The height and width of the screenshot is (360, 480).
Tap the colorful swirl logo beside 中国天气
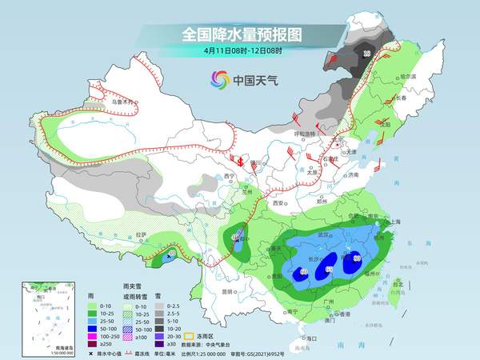click(x=219, y=79)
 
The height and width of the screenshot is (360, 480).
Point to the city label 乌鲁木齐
click(x=121, y=102)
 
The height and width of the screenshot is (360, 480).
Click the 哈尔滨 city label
click(x=409, y=76)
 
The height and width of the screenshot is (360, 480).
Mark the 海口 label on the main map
click(x=304, y=338)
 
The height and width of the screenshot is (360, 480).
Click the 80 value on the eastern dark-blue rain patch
click(x=357, y=258)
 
